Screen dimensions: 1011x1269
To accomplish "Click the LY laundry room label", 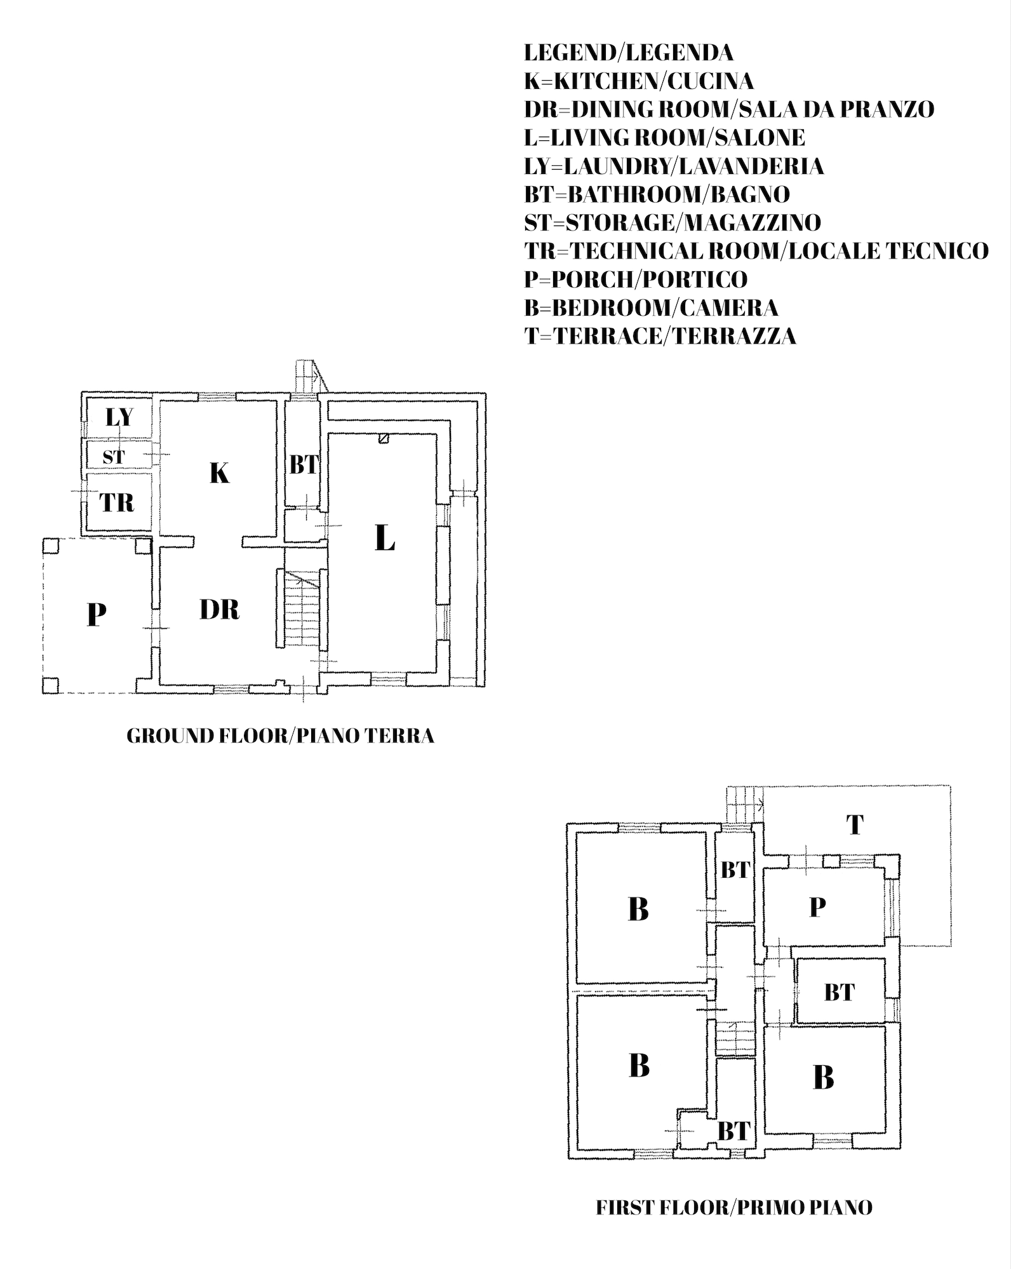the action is point(119,417).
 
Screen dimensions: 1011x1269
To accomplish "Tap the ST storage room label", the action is point(114,457).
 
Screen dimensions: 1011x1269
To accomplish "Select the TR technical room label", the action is point(117,503).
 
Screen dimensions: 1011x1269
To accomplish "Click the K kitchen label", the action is point(219,473).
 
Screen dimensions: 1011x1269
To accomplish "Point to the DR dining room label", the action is point(219,610).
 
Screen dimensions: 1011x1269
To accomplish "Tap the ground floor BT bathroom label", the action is point(304,466).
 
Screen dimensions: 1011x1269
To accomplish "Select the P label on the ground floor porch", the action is point(96,614).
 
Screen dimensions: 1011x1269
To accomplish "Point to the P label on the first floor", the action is point(817,908).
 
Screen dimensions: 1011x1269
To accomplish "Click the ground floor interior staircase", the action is point(302,610).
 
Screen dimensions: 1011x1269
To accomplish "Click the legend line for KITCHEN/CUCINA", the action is point(639,81).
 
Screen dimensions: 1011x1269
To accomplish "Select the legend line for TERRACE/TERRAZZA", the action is point(660,335).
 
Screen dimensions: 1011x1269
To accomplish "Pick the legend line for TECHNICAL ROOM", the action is point(756,250).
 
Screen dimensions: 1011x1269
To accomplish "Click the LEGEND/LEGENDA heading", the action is point(629,52).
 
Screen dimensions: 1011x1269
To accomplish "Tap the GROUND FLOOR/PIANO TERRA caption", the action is point(281,735).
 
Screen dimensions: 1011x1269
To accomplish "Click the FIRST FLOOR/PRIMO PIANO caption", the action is point(734,1207).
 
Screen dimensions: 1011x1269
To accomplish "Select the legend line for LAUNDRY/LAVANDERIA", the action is point(674,166).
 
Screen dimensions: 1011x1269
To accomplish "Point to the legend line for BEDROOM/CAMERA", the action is point(651,307).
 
